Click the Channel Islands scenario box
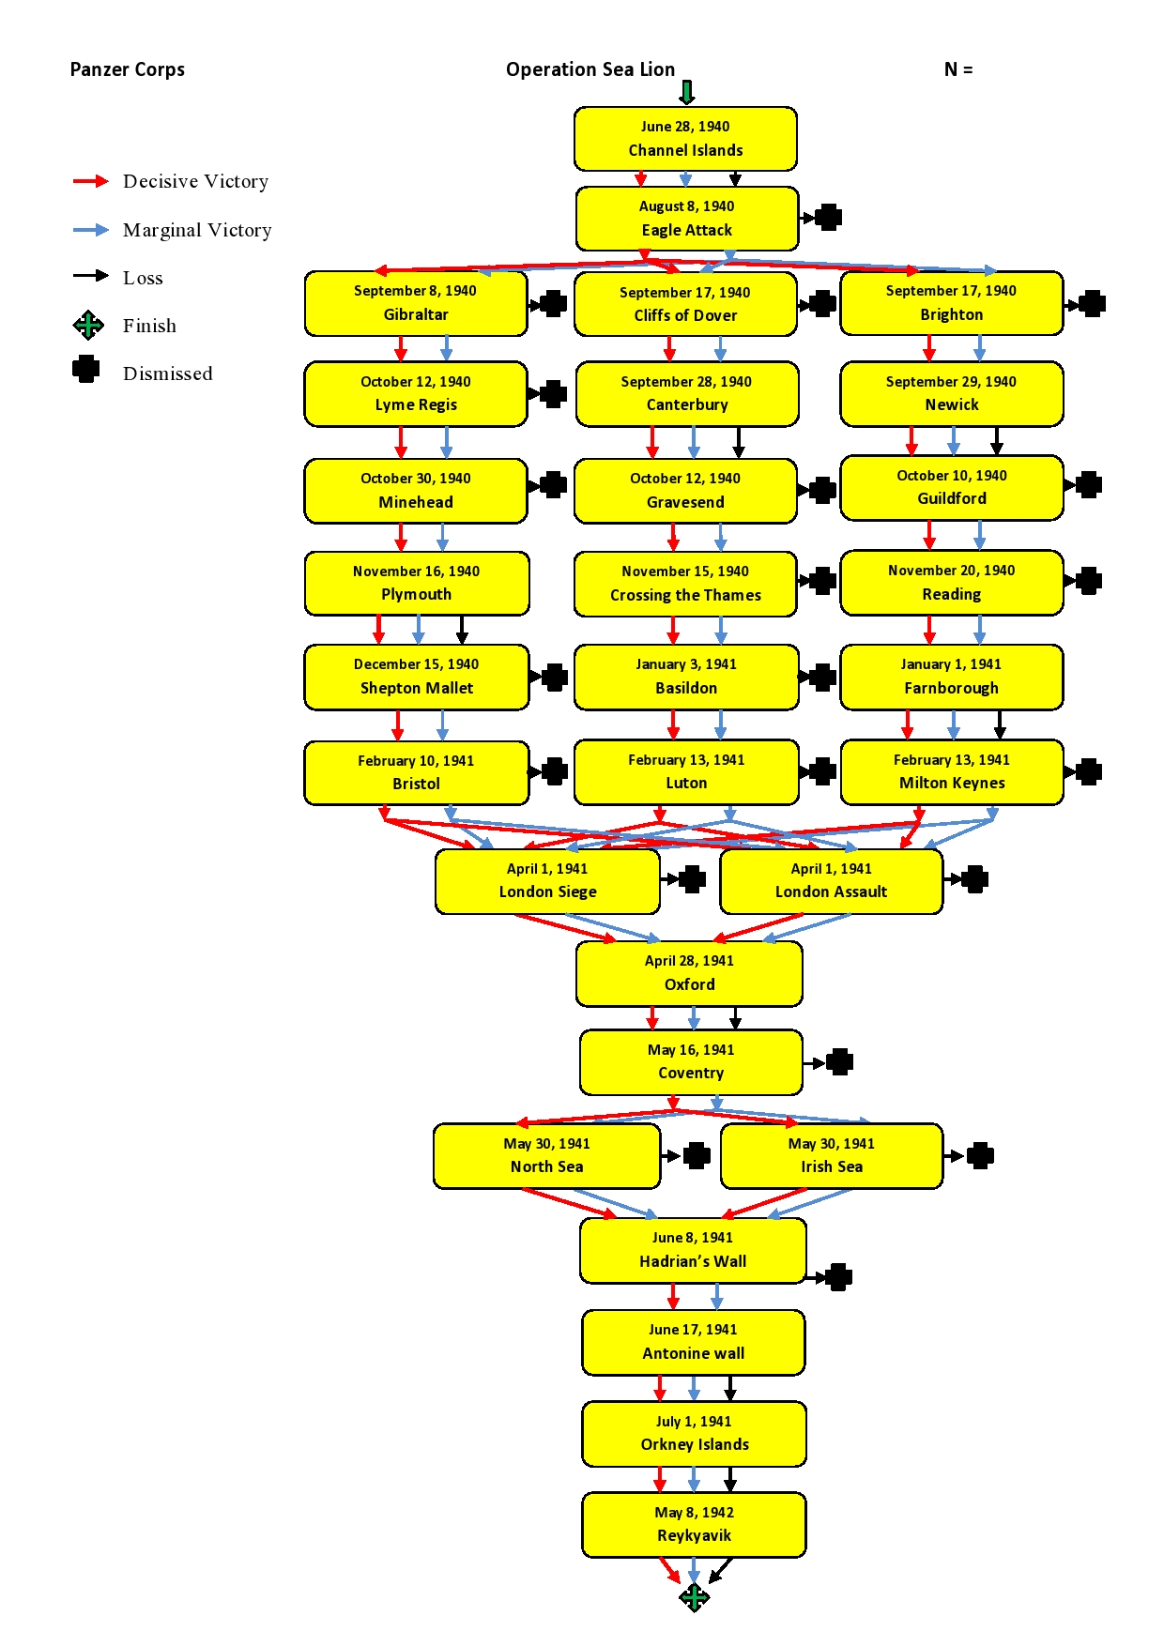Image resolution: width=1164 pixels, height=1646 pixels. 685,139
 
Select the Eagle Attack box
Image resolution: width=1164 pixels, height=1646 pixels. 687,219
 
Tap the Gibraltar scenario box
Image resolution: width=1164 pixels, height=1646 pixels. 416,303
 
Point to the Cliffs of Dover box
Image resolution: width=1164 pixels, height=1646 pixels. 685,304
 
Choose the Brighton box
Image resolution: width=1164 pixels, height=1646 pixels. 951,303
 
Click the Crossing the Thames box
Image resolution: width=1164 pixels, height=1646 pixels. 685,584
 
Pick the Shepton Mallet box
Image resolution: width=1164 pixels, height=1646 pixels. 416,677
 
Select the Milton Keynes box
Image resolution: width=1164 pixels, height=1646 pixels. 951,771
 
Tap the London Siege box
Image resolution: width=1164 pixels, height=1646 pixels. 547,881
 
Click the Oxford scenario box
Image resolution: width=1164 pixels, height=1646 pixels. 689,973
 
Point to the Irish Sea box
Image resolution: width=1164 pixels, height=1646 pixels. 831,1155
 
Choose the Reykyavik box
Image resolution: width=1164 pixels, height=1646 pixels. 694,1524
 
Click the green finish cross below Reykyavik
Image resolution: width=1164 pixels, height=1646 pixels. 694,1596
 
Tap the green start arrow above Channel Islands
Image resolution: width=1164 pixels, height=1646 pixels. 687,92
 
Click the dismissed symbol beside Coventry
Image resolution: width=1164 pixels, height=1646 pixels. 839,1062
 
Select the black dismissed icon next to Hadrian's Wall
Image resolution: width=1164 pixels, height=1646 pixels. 838,1277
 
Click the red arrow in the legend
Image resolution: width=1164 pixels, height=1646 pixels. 91,181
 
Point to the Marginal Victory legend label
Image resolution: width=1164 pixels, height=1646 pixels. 197,230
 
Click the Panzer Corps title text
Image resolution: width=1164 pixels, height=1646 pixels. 128,69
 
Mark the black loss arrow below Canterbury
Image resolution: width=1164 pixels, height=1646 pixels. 739,442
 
